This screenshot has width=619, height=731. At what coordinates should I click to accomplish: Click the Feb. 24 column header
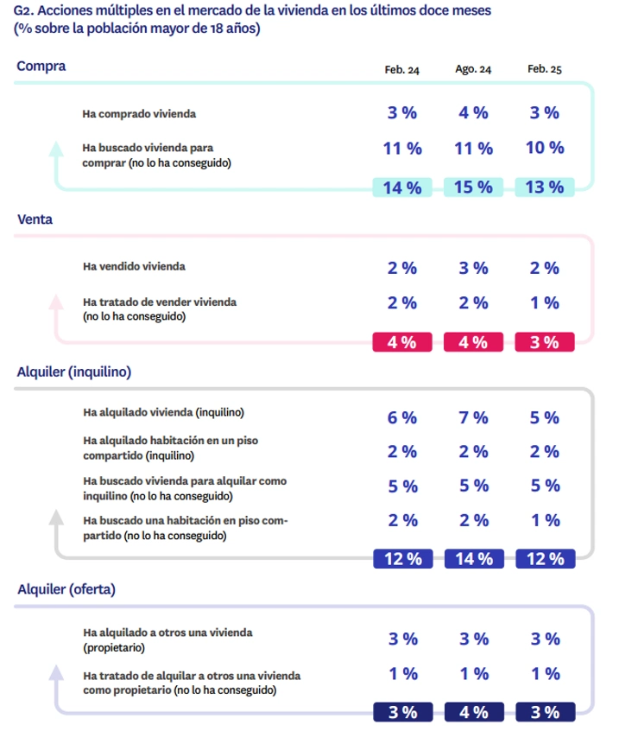coord(402,71)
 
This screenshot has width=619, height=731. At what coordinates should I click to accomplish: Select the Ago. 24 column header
coord(473,71)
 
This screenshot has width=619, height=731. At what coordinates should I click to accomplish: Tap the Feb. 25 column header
coord(544,71)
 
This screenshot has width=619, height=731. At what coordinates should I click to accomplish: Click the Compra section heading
coord(41,66)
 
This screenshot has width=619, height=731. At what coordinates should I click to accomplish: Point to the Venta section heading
coord(35,219)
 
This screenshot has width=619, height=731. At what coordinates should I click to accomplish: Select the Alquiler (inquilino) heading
coord(73,372)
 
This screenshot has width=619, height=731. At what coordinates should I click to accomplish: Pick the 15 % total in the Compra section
coord(474,188)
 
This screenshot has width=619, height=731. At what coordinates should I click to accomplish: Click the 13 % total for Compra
coord(545,188)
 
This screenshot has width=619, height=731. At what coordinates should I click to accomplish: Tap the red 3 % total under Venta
coord(545,342)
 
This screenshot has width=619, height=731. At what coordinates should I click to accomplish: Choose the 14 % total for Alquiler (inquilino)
coord(474,559)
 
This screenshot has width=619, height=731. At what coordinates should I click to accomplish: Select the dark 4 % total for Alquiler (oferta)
coord(474,713)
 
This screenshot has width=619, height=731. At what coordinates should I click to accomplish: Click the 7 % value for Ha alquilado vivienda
coord(474,418)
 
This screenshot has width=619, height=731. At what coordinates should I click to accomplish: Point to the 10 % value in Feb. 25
coord(545,148)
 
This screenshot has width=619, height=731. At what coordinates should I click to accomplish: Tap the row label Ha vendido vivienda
coord(133,267)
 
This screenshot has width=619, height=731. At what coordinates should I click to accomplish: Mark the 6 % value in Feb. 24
coord(402,418)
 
